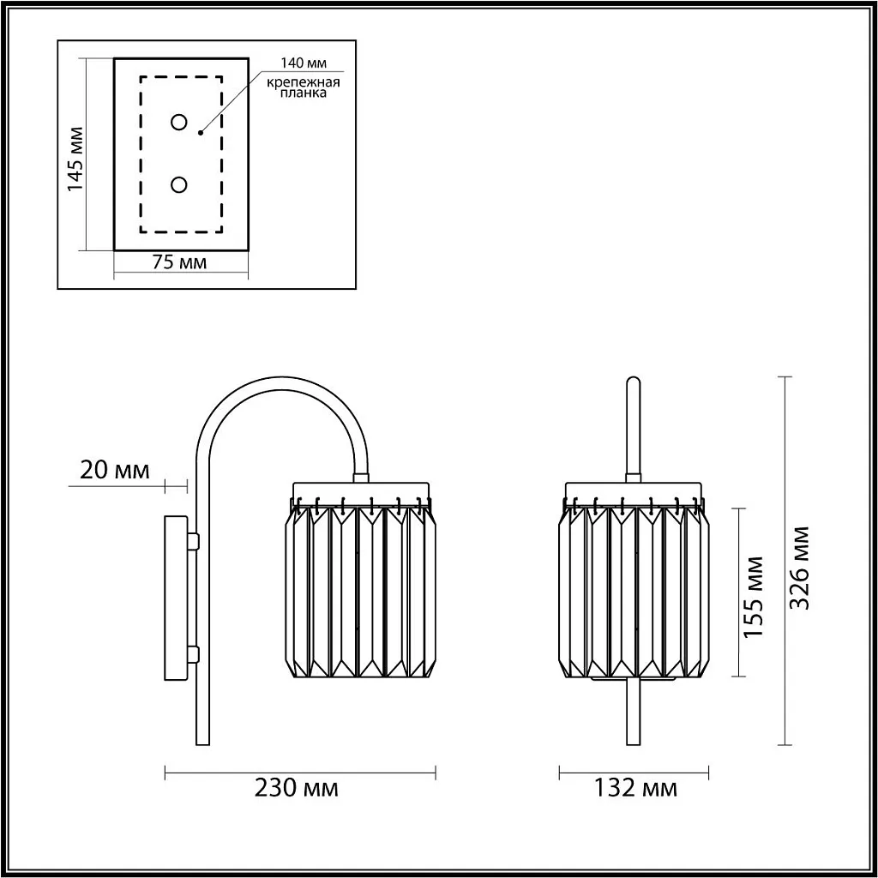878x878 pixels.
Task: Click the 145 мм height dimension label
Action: pyautogui.click(x=75, y=159)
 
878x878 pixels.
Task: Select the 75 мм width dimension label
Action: pyautogui.click(x=179, y=263)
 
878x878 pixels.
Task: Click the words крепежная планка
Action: pyautogui.click(x=303, y=87)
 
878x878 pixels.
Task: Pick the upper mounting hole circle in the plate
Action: pyautogui.click(x=179, y=123)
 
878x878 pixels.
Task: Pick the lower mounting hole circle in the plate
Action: pyautogui.click(x=179, y=184)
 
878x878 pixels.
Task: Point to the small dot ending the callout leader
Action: pyautogui.click(x=200, y=133)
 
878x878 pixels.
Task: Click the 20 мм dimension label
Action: pyautogui.click(x=114, y=470)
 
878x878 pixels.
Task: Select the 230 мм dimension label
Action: pyautogui.click(x=297, y=788)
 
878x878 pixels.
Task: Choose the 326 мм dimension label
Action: pyautogui.click(x=800, y=567)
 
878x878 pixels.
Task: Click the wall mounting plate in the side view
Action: pyautogui.click(x=176, y=597)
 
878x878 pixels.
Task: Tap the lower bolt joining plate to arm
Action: pyautogui.click(x=194, y=655)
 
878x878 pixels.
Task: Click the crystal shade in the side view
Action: pyautogui.click(x=359, y=592)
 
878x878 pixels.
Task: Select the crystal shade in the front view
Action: pyautogui.click(x=634, y=592)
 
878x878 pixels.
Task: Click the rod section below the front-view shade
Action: pyautogui.click(x=634, y=712)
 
